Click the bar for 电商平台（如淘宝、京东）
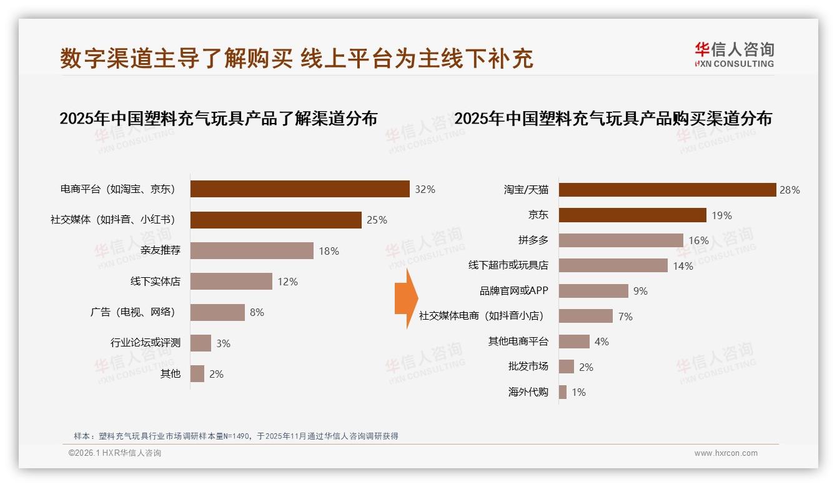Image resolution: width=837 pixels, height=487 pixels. click(300, 189)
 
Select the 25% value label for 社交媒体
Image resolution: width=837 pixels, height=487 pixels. click(377, 220)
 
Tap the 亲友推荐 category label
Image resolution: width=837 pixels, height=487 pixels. click(161, 250)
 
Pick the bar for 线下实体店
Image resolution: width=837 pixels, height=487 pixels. click(231, 282)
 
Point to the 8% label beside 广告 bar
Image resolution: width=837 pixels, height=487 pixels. click(257, 312)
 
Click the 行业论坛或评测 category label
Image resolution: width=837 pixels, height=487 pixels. click(146, 343)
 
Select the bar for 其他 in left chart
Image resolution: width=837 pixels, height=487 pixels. click(197, 374)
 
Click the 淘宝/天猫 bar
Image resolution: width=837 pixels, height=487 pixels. click(667, 190)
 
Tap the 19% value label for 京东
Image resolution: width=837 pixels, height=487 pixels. click(721, 215)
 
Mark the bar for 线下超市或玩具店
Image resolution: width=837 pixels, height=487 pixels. click(613, 266)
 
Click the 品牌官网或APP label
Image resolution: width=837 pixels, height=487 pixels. click(513, 291)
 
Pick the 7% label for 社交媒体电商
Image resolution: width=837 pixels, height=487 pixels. click(625, 317)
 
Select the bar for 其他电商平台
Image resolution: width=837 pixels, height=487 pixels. click(574, 342)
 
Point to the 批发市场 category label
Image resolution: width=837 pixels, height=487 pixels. click(528, 367)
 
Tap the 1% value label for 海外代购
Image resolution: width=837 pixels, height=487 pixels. click(578, 392)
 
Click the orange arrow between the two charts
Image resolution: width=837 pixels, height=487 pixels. click(406, 298)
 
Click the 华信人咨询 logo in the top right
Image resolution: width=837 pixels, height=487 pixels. click(734, 54)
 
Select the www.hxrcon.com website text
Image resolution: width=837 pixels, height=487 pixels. click(726, 453)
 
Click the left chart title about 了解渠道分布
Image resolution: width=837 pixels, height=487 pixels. click(218, 118)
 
